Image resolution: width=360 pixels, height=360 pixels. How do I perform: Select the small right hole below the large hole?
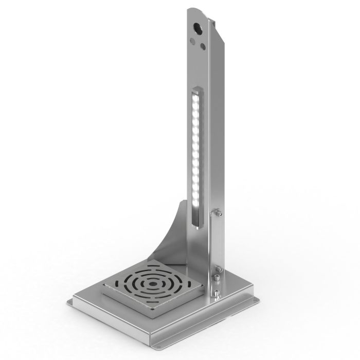point(204,46)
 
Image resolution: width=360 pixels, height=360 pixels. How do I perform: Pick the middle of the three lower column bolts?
point(218,279)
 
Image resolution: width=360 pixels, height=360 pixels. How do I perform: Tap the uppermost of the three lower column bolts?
point(218,268)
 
